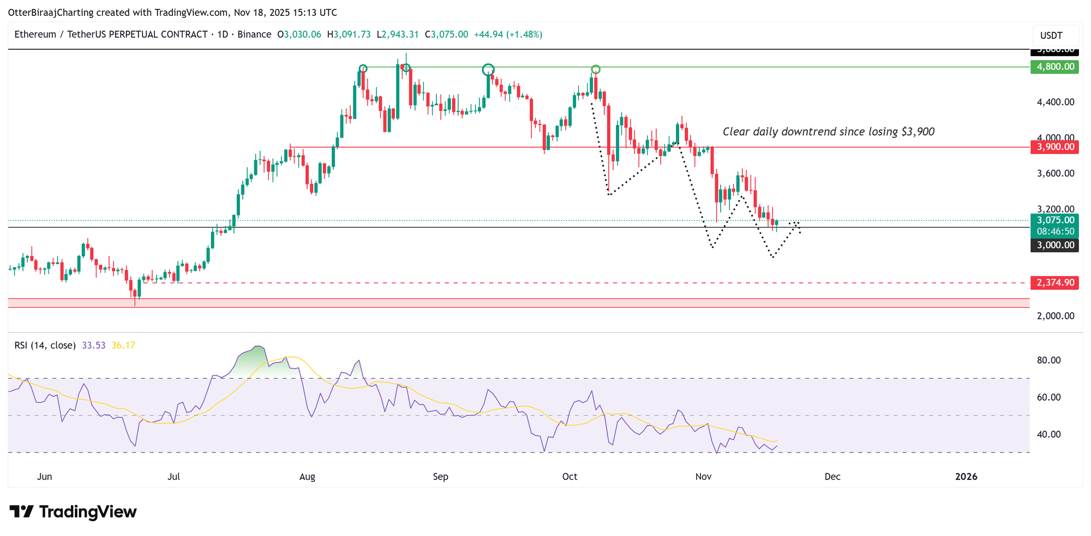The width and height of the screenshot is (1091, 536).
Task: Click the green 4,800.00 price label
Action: pyautogui.click(x=1054, y=67)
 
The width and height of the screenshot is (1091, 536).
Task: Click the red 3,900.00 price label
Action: pyautogui.click(x=1054, y=147)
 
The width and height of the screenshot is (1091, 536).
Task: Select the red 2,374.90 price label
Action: pyautogui.click(x=1054, y=283)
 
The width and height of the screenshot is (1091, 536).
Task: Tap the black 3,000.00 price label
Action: pyautogui.click(x=1054, y=245)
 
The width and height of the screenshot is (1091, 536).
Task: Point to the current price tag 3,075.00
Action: pyautogui.click(x=1054, y=221)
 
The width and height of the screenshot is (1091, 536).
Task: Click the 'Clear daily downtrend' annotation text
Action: pyautogui.click(x=828, y=132)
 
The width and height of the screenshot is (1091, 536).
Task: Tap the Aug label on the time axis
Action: pyautogui.click(x=307, y=477)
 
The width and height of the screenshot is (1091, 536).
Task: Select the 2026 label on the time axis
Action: pyautogui.click(x=966, y=477)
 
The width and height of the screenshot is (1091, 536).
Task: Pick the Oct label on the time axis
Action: pyautogui.click(x=570, y=477)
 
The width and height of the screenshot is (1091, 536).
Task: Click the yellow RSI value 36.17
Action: pyautogui.click(x=123, y=346)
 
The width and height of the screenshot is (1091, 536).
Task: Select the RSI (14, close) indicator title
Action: pyautogui.click(x=45, y=346)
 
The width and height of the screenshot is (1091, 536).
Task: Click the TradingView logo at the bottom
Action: pyautogui.click(x=73, y=512)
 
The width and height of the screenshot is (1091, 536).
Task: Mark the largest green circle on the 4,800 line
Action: pyautogui.click(x=488, y=69)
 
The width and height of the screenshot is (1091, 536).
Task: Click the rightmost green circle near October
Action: pyautogui.click(x=596, y=69)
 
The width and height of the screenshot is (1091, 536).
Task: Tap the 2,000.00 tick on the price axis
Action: pyautogui.click(x=1056, y=316)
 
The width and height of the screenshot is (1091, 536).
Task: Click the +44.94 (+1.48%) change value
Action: pyautogui.click(x=508, y=34)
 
